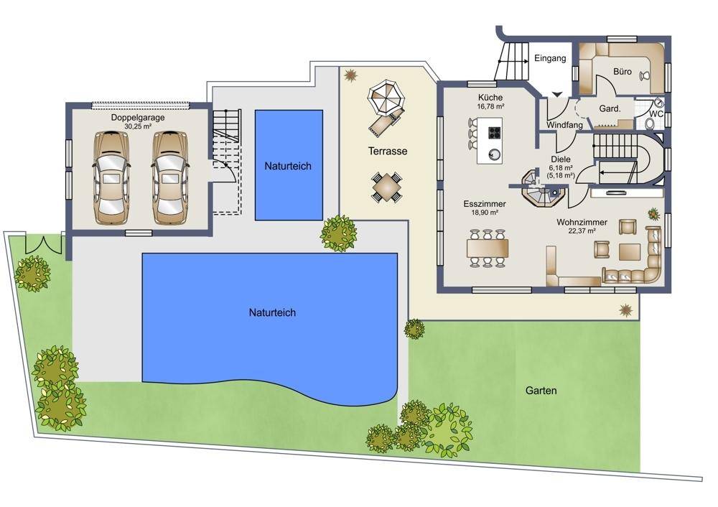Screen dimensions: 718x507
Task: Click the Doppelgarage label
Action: tap(138, 118)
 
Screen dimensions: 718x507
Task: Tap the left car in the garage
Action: tap(111, 178)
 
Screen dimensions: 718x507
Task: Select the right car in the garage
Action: tap(169, 178)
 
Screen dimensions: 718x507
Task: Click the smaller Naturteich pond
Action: tap(289, 165)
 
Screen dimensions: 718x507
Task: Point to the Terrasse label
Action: tap(388, 151)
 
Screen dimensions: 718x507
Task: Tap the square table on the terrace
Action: tap(387, 187)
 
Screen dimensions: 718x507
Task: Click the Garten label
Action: tap(541, 391)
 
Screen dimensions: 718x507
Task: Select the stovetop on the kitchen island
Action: tap(495, 133)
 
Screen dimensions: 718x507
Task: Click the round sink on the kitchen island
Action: tap(494, 154)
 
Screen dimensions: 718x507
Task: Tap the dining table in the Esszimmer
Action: tap(488, 248)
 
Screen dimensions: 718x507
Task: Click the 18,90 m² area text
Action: tap(485, 213)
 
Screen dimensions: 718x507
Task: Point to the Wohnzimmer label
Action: tap(582, 222)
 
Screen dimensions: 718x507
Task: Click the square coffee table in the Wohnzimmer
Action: tap(630, 252)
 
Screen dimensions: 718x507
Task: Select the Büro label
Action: tap(623, 71)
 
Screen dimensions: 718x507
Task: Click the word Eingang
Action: tap(550, 59)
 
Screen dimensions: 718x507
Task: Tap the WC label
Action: tap(656, 113)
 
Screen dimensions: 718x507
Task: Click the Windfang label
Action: tap(564, 124)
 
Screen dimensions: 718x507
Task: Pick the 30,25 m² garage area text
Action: tap(138, 126)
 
